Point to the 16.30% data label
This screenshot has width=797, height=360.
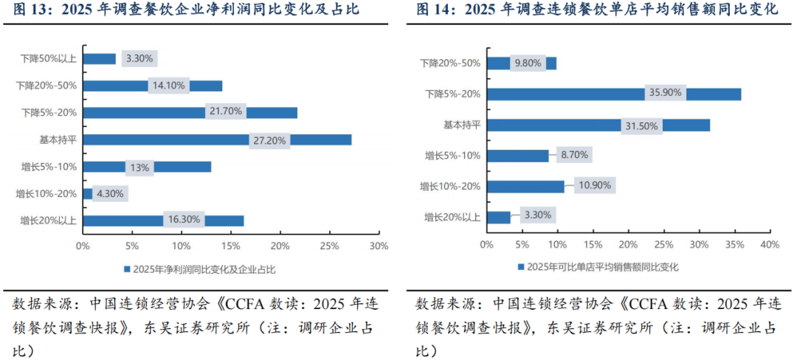[183, 220]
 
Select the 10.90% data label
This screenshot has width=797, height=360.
[595, 186]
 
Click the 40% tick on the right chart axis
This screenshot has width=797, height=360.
[769, 244]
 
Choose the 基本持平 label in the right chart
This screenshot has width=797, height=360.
[462, 125]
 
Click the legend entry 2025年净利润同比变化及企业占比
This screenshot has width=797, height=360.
[194, 269]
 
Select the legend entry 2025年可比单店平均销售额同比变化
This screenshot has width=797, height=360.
[598, 266]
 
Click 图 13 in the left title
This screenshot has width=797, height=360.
[31, 10]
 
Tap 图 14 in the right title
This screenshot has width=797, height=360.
[434, 10]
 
